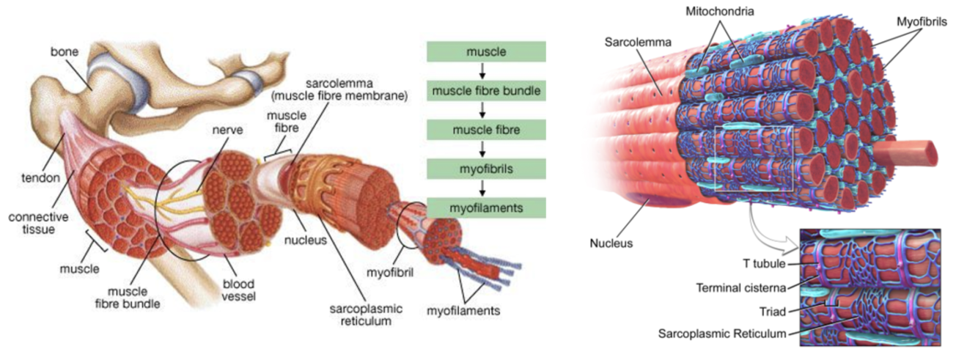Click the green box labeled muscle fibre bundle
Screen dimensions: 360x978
pos(486,92)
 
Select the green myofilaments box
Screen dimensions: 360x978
pos(486,207)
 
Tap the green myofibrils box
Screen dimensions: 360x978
pos(486,169)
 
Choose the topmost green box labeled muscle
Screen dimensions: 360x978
pos(486,52)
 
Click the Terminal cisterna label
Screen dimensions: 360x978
pos(741,287)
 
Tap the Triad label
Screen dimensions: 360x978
pos(773,311)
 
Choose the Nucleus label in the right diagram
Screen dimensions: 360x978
pos(611,243)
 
